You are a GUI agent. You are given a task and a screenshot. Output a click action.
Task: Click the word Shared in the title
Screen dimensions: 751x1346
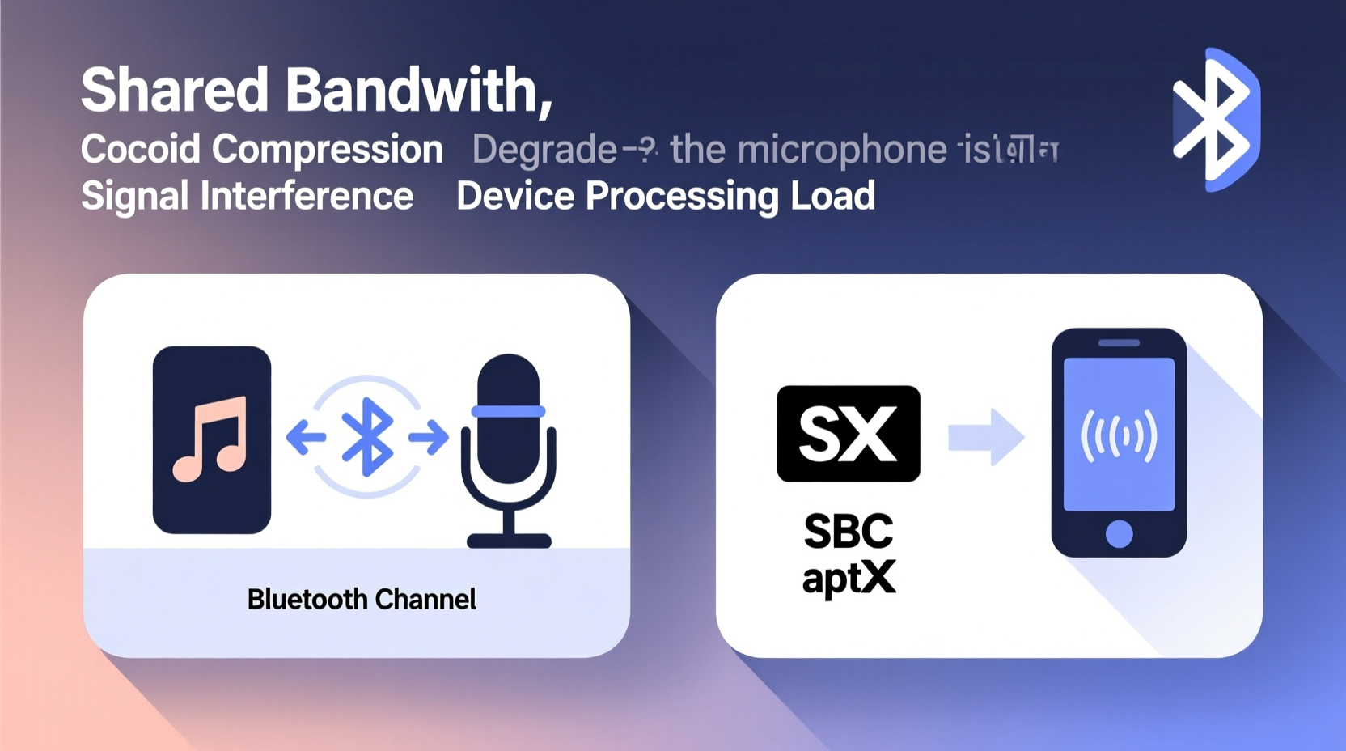click(174, 90)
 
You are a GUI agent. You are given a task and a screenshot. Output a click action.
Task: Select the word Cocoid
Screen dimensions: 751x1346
click(140, 150)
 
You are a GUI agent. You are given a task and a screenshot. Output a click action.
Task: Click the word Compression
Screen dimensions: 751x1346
click(328, 150)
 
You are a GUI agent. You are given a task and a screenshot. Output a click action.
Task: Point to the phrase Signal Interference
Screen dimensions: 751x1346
click(247, 196)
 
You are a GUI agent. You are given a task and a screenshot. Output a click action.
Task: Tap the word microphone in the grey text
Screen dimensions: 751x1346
click(841, 150)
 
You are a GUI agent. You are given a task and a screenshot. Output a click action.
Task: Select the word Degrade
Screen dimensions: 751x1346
click(544, 150)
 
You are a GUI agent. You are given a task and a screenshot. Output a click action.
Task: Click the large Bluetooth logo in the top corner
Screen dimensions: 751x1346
click(1216, 120)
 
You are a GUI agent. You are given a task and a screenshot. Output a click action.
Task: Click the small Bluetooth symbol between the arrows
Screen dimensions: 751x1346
click(367, 437)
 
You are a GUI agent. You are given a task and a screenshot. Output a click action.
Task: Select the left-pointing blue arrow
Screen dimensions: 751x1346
click(306, 438)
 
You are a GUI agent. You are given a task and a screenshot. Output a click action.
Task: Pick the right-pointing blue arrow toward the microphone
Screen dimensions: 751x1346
click(429, 438)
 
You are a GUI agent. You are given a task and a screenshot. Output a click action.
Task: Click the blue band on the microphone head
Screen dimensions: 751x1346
click(508, 411)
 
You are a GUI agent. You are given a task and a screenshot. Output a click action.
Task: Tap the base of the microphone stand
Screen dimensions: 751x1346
click(509, 541)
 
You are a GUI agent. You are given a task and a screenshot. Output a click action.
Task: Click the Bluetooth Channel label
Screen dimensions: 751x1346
click(362, 600)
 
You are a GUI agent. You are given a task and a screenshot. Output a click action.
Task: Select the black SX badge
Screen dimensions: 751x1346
click(848, 434)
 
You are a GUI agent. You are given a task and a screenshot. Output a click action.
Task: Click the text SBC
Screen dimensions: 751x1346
click(849, 532)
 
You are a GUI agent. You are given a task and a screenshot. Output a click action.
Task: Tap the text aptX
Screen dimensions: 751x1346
click(849, 579)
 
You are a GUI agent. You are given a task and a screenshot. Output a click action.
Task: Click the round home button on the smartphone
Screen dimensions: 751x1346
click(1119, 533)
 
